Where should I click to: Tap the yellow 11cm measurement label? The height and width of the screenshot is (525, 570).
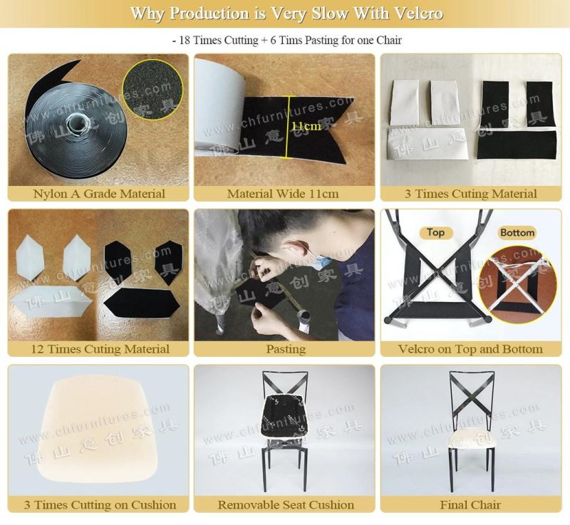point(306,126)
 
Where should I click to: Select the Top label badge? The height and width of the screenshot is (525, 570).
point(436,232)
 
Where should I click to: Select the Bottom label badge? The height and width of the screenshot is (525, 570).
point(517,232)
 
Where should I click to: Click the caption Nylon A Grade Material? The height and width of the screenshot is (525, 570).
point(99,194)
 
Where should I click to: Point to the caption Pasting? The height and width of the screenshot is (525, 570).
point(286,349)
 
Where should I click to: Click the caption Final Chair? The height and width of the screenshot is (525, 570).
point(470,504)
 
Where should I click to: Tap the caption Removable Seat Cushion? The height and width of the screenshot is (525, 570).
point(286,504)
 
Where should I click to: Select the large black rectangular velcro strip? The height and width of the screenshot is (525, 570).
point(517,145)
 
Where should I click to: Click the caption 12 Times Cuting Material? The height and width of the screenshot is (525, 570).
point(100,349)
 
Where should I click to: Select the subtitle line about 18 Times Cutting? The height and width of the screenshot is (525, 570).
point(287,40)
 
